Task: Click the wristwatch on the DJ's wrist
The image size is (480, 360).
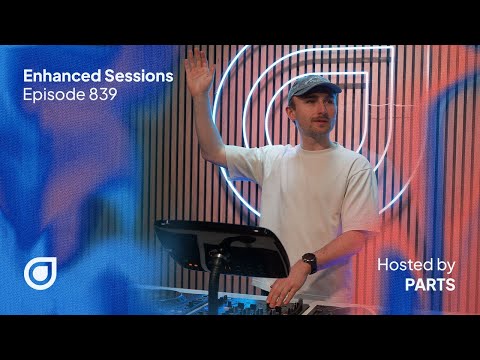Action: [309, 263]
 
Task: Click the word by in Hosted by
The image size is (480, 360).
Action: [445, 265]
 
